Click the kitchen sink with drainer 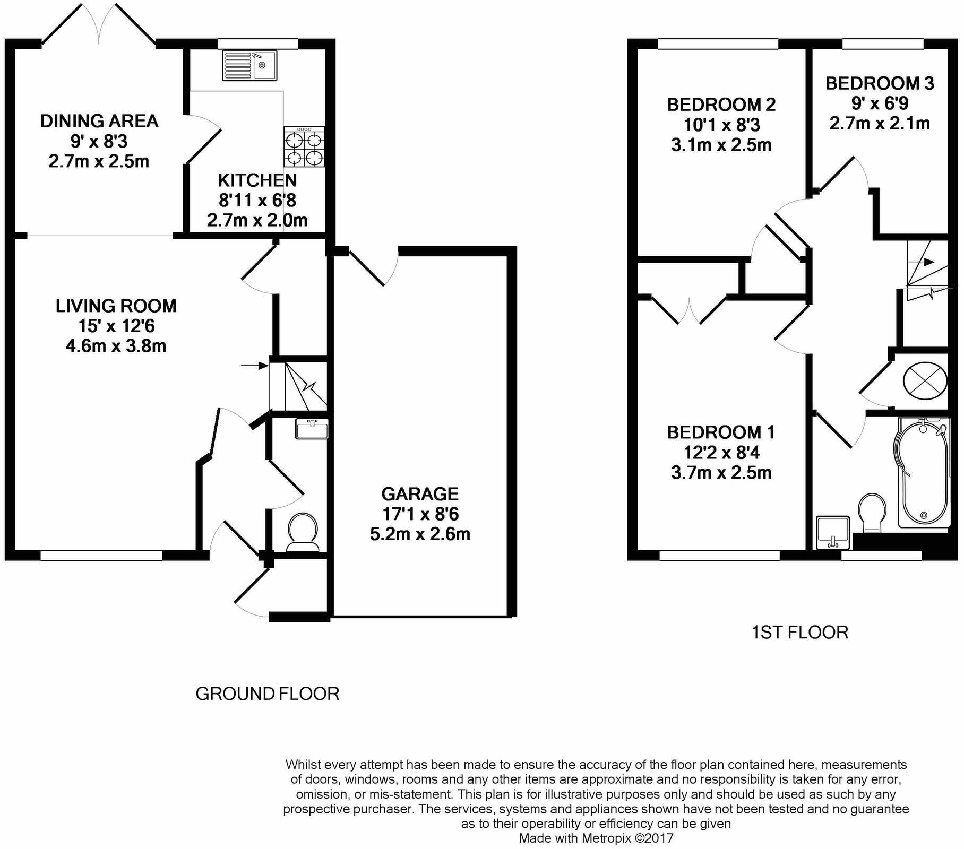pos(249,65)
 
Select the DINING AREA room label pos(99,121)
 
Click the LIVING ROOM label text pos(116,306)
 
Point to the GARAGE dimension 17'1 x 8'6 pos(420,514)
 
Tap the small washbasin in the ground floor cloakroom pos(312,429)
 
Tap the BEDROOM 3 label pos(879,83)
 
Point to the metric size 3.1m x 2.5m pos(721,145)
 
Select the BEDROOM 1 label pos(721,432)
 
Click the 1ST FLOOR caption pos(799,633)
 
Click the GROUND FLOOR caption pos(267,694)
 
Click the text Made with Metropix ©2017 pos(596,838)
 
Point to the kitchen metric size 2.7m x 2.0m pos(257,220)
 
